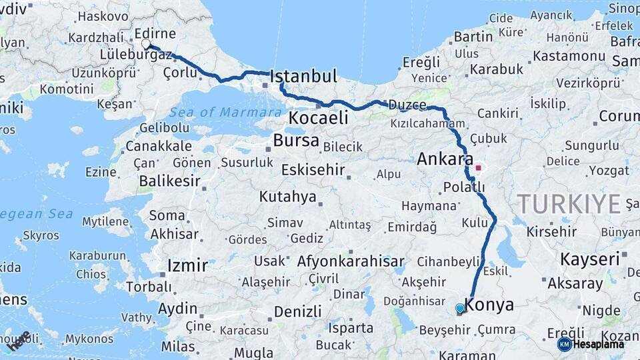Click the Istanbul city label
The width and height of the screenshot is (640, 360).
303,77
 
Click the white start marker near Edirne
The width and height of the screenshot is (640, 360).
146,44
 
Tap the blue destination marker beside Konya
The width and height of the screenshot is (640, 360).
459,308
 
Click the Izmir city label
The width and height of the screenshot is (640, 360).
187,265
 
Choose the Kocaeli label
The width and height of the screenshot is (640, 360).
318,118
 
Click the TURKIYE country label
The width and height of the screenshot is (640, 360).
569,203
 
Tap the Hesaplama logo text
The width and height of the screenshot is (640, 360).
599,344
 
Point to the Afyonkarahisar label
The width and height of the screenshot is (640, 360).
351,261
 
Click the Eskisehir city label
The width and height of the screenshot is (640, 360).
313,170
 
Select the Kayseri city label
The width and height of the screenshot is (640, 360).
589,258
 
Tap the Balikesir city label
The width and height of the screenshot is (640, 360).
170,181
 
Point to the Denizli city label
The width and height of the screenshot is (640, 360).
297,311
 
